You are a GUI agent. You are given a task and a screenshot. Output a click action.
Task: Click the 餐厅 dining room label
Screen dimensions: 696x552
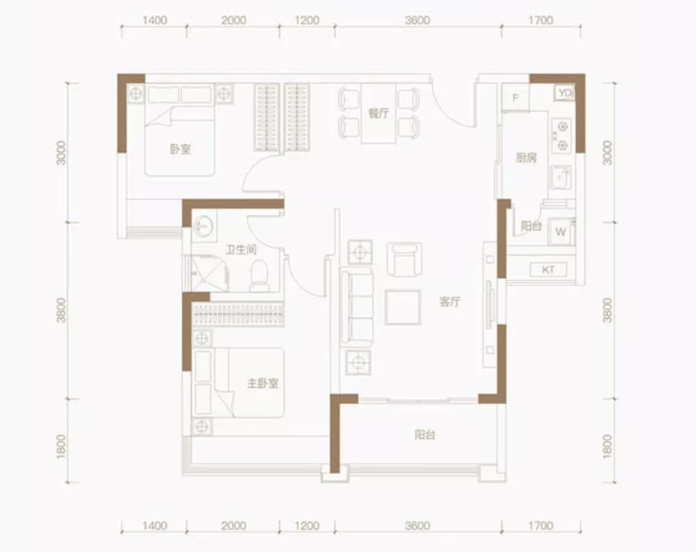click(378, 114)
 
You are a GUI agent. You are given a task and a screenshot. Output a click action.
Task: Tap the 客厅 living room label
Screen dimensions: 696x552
click(450, 302)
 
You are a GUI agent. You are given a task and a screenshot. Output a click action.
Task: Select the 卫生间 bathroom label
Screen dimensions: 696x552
click(241, 250)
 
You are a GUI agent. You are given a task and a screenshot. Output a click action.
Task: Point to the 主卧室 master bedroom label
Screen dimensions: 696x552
click(263, 383)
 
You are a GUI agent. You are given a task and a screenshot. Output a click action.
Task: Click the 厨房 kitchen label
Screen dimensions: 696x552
click(526, 158)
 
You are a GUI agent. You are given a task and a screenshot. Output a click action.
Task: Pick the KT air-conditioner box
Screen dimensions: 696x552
click(548, 270)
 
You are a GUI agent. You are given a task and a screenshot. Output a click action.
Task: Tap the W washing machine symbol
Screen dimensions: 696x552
click(561, 232)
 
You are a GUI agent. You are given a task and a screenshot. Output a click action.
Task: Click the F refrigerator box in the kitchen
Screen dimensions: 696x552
click(515, 97)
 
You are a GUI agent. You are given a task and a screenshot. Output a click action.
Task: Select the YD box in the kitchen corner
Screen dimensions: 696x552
click(565, 93)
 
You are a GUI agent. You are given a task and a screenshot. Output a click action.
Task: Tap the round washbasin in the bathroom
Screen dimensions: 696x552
click(204, 226)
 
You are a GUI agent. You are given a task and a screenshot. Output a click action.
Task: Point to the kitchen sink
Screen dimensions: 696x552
click(561, 177)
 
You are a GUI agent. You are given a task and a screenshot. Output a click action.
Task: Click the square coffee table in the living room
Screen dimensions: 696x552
click(402, 307)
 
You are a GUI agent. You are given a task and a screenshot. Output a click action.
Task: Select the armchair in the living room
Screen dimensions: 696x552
click(404, 259)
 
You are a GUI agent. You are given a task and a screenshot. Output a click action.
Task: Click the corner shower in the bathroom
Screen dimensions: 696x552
click(210, 273)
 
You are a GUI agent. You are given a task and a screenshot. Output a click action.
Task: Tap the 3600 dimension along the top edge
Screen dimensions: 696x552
click(417, 20)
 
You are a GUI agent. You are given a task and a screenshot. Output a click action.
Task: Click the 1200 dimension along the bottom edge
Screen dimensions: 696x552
click(307, 526)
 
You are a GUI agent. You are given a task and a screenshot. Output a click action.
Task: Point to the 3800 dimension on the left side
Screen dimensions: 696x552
click(61, 310)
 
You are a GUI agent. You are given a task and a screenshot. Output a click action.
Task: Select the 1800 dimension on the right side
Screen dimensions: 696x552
click(607, 447)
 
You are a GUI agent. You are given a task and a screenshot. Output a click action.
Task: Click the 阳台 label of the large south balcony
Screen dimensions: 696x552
click(425, 435)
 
